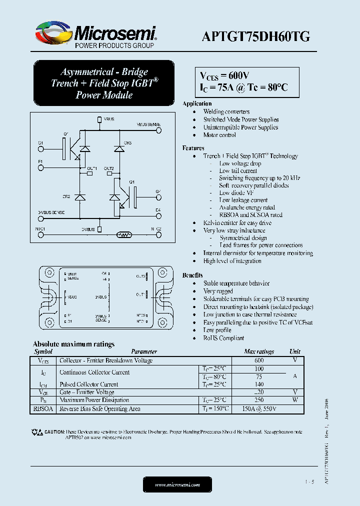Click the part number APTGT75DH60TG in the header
[x=255, y=36]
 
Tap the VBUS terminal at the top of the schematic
[x=99, y=119]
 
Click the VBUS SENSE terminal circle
[x=159, y=128]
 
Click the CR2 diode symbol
[x=80, y=197]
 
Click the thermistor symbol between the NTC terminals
[x=123, y=234]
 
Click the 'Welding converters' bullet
[x=226, y=111]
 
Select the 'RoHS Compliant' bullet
[x=224, y=338]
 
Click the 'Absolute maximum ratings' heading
[x=73, y=344]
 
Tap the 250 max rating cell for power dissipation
[x=258, y=400]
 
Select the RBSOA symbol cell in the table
[x=43, y=408]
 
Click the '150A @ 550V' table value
[x=259, y=408]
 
